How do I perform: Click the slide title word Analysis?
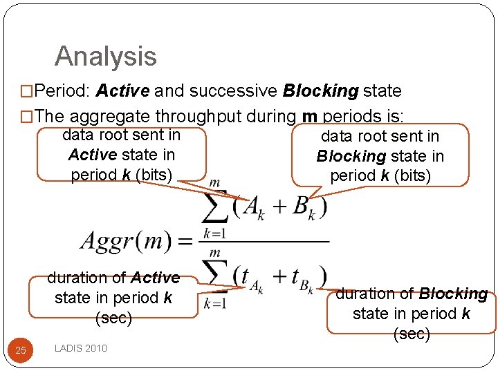[x=106, y=57]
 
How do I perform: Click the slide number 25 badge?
[x=21, y=350]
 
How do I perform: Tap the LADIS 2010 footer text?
[x=81, y=348]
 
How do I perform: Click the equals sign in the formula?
[x=185, y=241]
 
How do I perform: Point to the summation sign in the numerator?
[x=217, y=206]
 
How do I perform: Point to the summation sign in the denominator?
[x=217, y=276]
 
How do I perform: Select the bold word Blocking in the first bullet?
[x=320, y=90]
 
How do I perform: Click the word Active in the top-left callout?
[x=92, y=155]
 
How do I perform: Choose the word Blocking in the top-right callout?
[x=351, y=156]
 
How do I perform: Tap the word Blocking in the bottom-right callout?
[x=453, y=294]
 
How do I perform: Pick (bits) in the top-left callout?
[x=153, y=175]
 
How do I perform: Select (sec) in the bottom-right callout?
[x=412, y=334]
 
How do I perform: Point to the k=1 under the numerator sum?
[x=214, y=233]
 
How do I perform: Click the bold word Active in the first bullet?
[x=123, y=90]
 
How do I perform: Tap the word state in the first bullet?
[x=382, y=90]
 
